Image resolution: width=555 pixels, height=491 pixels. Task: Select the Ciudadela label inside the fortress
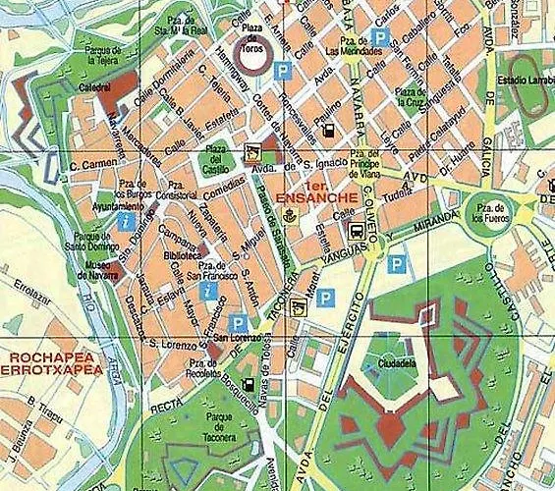point(390,361)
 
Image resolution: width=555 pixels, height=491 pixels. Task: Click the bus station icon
point(357,231)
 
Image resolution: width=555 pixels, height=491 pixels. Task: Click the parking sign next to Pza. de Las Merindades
point(388,36)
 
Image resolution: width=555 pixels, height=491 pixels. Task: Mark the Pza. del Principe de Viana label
point(363,158)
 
